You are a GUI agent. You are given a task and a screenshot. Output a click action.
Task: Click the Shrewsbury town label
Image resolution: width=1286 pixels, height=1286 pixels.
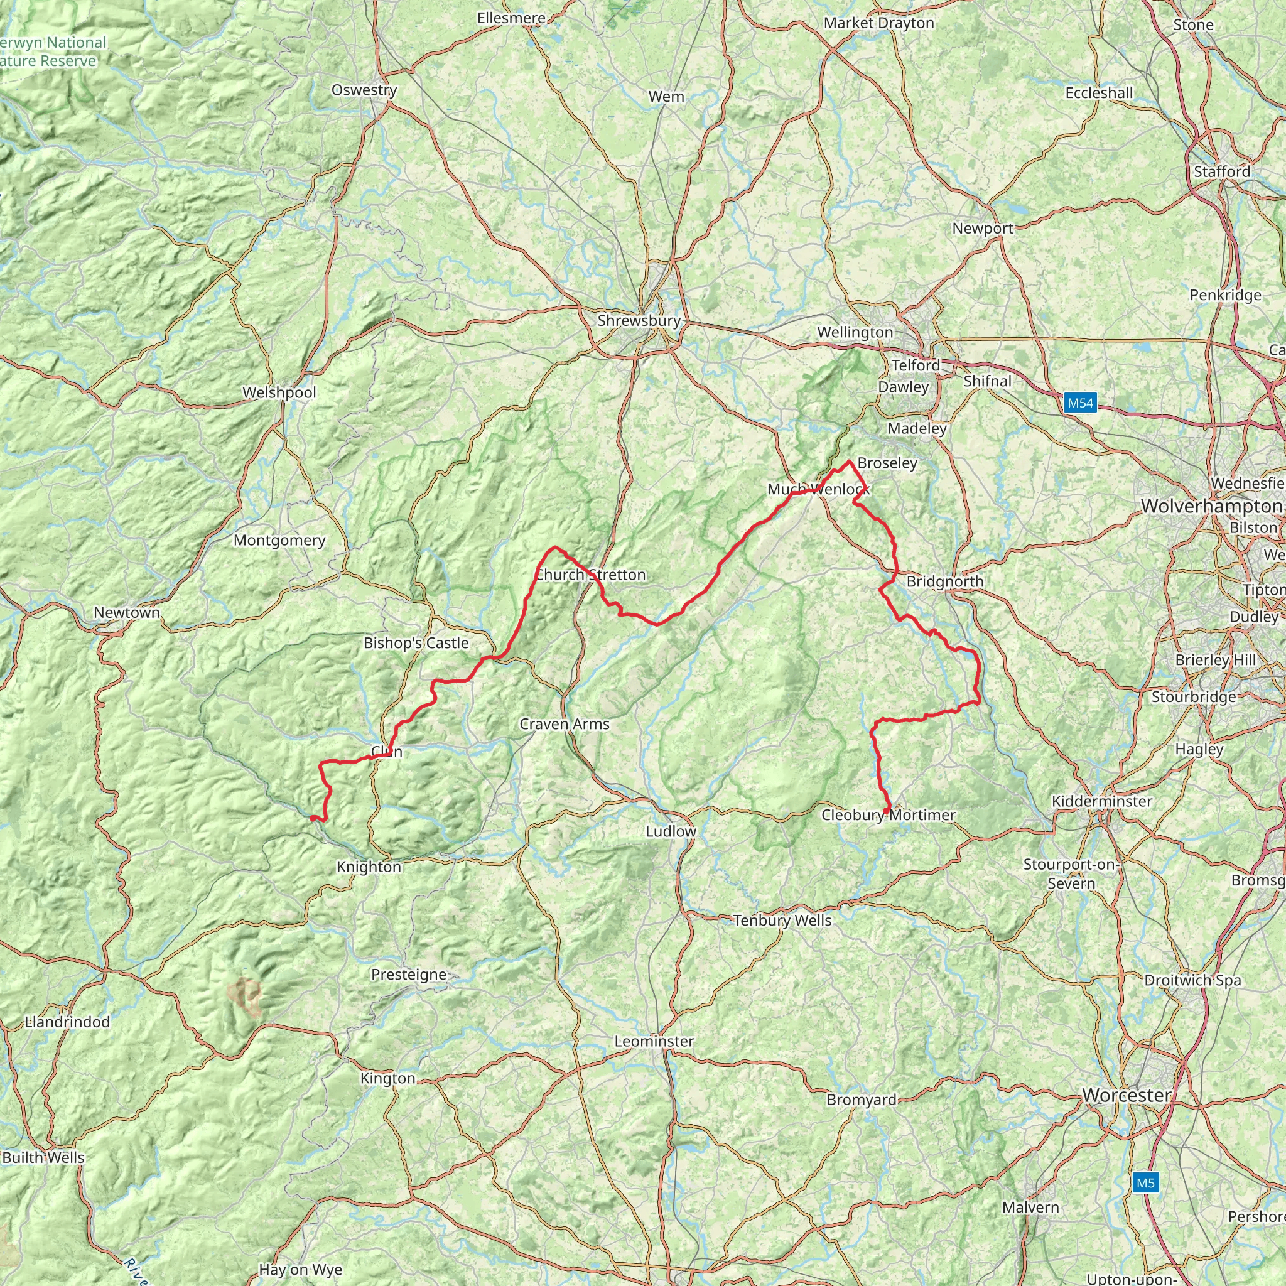click(639, 321)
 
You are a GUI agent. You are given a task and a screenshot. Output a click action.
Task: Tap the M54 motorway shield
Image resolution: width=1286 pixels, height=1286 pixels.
click(1079, 403)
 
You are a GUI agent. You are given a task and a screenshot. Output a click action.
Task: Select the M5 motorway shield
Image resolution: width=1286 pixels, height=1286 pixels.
click(1145, 1183)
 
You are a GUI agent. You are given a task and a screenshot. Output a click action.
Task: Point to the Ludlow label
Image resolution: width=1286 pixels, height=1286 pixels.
click(671, 831)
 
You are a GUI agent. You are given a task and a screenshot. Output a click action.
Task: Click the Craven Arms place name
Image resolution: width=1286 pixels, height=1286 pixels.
click(565, 724)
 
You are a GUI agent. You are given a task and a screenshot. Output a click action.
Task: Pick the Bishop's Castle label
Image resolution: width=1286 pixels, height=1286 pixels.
click(416, 643)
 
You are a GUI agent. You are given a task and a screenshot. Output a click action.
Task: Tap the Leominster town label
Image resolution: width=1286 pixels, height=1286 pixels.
click(654, 1041)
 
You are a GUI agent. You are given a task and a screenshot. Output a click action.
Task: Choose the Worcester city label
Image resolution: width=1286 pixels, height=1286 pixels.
click(1127, 1095)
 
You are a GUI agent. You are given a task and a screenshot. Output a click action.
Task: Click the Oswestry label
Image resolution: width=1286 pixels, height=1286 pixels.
click(364, 90)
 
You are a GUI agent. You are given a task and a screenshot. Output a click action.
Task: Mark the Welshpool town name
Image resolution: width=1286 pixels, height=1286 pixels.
click(279, 392)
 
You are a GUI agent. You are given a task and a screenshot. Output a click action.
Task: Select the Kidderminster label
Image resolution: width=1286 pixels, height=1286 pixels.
click(1101, 801)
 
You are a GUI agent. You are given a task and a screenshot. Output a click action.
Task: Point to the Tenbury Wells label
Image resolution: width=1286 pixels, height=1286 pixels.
click(782, 921)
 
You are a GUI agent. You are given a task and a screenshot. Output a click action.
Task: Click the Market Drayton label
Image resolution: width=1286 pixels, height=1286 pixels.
click(878, 23)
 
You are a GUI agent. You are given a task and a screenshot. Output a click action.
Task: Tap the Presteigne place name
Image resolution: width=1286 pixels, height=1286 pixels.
click(409, 975)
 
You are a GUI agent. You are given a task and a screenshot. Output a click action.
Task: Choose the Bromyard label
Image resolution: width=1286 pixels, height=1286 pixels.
click(862, 1100)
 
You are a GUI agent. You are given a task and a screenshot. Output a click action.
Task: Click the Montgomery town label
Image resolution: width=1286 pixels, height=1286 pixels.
click(279, 541)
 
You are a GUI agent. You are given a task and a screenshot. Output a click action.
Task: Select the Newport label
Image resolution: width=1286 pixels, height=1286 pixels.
click(983, 229)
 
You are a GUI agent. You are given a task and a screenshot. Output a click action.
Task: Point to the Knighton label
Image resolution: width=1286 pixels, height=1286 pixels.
click(369, 867)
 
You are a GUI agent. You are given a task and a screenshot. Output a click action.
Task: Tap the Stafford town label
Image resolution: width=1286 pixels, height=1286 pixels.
click(1221, 171)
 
